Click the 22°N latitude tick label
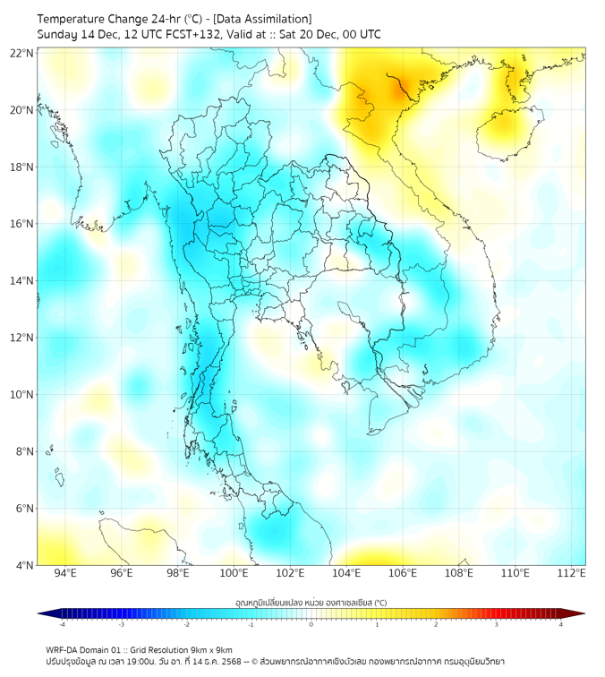point(21,54)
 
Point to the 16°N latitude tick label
point(21,224)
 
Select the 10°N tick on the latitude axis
point(21,395)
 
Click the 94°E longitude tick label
point(65,573)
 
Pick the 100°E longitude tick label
point(234,573)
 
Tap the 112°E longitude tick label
point(571,573)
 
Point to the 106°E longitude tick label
point(403,573)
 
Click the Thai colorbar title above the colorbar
point(311,603)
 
